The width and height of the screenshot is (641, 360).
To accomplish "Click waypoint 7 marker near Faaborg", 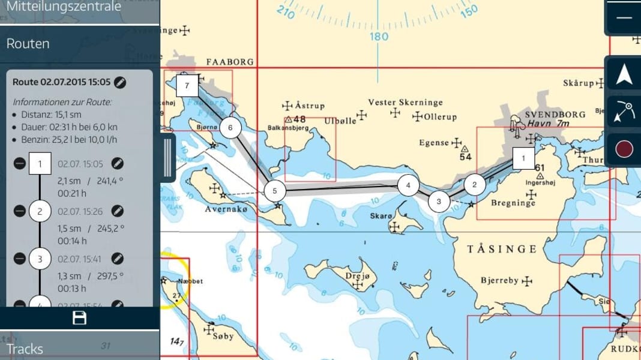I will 187,86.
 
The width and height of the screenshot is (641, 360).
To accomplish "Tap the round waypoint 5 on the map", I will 275,191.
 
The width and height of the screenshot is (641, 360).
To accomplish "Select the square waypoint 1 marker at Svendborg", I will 523,158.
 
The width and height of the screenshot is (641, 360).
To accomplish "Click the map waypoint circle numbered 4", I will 408,185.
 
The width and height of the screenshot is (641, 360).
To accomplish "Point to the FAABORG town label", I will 230,62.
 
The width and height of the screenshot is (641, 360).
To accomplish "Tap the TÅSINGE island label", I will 502,248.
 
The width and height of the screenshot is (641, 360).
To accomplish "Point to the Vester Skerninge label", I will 405,103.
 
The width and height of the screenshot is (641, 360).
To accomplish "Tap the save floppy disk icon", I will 80,318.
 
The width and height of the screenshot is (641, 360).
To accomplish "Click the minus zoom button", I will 624,17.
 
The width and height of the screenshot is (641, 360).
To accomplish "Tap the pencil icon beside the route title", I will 120,82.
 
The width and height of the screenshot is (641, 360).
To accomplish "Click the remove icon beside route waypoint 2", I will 20,211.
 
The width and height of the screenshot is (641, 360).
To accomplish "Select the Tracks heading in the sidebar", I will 25,349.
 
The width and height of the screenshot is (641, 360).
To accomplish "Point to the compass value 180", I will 379,37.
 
